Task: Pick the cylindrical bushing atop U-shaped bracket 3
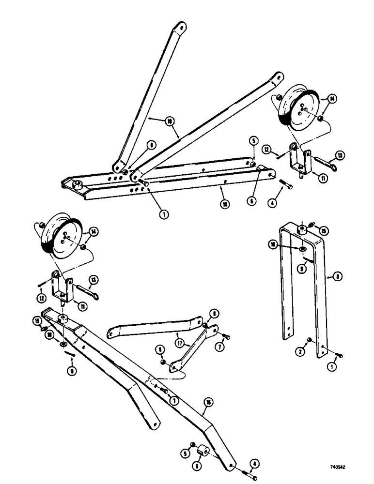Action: click(301, 228)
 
